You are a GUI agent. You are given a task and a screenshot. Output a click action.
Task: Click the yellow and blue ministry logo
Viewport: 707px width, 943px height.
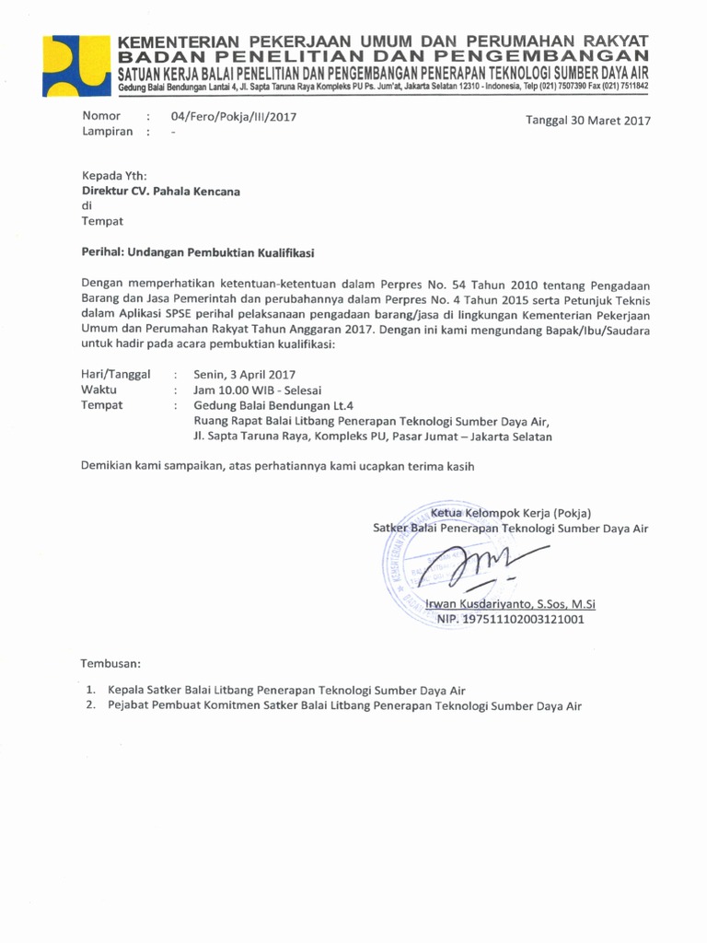76,65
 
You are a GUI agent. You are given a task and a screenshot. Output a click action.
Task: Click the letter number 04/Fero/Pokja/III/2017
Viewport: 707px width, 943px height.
234,117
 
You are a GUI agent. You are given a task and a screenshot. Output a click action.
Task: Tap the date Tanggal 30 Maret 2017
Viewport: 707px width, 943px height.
587,121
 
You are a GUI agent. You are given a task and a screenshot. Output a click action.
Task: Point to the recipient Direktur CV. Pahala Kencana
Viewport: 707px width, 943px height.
161,192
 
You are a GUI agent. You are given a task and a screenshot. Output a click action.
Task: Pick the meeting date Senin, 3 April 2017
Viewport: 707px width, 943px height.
244,375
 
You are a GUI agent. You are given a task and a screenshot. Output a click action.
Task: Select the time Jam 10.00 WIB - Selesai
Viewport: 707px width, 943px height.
257,390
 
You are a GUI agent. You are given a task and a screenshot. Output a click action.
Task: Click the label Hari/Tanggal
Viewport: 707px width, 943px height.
116,375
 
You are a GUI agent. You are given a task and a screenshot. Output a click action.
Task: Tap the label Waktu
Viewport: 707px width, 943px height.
99,390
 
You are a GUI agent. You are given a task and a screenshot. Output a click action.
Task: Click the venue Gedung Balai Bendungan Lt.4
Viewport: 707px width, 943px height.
273,405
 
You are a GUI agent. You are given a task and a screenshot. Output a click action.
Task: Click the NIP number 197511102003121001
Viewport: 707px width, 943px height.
516,620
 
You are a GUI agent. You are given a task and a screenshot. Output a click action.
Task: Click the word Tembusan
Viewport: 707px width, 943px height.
111,663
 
